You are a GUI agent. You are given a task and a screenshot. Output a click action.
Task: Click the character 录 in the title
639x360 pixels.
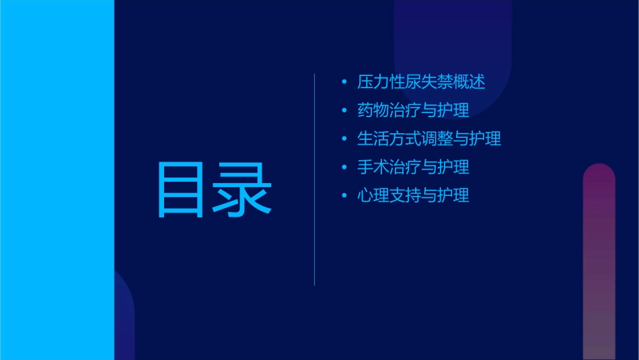click(243, 190)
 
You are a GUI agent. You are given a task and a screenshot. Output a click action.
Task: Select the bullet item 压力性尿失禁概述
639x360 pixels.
click(421, 82)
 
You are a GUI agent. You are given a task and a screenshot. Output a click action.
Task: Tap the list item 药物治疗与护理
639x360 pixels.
click(413, 110)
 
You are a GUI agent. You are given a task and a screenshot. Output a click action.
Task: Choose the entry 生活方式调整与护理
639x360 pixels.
click(429, 139)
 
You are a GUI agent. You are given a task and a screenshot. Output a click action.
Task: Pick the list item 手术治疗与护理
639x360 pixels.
click(413, 167)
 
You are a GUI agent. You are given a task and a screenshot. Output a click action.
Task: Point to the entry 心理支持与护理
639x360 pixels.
click(413, 196)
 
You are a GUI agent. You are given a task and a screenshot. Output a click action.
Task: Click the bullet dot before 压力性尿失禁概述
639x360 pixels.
click(345, 83)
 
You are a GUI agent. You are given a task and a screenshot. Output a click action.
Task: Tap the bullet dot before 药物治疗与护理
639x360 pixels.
click(345, 111)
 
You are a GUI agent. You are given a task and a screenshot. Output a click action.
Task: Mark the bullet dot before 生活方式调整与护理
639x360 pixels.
click(345, 139)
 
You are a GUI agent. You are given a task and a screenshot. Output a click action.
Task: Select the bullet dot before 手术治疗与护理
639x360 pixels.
click(345, 168)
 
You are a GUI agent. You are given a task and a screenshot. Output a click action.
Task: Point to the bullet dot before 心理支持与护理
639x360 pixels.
click(345, 196)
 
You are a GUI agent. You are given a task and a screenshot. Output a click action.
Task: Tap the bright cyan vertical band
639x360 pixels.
click(57, 180)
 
